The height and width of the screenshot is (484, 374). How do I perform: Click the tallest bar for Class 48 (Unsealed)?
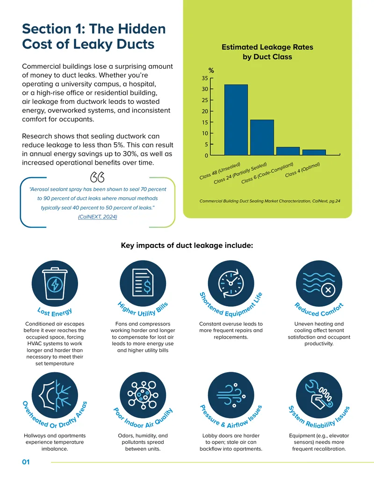pos(236,120)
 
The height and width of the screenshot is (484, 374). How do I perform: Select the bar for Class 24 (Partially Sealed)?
pos(262,137)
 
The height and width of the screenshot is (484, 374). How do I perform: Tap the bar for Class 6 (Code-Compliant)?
pos(288,151)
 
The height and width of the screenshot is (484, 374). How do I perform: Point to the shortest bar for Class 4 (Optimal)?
pos(314,152)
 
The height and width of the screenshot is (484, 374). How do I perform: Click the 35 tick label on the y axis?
pos(205,79)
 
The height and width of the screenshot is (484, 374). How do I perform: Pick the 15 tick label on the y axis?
pos(205,123)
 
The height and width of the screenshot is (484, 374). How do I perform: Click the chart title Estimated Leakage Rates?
pos(267,47)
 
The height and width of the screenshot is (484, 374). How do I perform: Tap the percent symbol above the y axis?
pos(211,70)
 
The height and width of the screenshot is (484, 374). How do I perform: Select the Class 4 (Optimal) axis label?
pos(302,170)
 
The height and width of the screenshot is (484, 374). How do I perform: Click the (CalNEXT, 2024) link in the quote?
pos(98,217)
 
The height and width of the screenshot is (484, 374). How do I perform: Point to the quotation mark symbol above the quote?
pos(97,177)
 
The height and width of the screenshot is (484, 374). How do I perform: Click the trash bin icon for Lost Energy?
pos(55,283)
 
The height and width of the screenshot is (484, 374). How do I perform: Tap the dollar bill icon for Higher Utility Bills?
pos(143,283)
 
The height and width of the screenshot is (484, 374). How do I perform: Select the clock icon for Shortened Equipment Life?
pos(231,283)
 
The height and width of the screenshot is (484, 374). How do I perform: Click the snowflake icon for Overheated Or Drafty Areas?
pos(55,395)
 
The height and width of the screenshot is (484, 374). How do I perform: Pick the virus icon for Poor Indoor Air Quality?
pos(143,395)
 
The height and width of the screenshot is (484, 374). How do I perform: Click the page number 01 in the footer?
pos(26,462)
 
